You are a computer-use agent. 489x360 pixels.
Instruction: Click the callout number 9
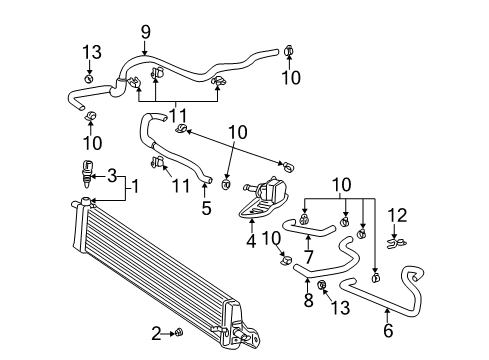[x=146, y=33]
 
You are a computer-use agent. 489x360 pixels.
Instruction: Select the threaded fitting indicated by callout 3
[x=88, y=173]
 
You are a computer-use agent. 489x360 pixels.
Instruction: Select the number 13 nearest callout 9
[x=91, y=52]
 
